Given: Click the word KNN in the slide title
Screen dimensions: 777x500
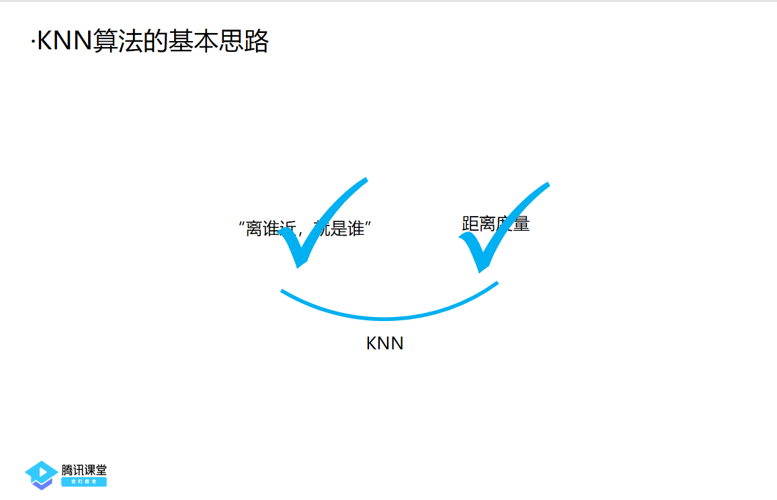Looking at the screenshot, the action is pyautogui.click(x=65, y=42).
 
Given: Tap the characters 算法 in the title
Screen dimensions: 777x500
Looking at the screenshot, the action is pyautogui.click(x=115, y=42).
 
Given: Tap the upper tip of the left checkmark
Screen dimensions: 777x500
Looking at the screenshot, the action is pyautogui.click(x=366, y=180).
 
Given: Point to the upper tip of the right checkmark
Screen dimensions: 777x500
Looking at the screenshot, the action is pyautogui.click(x=548, y=184).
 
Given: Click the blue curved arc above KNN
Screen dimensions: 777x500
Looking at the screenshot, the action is pyautogui.click(x=386, y=317).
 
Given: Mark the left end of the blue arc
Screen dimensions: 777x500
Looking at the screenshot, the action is pyautogui.click(x=282, y=291).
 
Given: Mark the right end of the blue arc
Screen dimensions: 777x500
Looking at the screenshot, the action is pyautogui.click(x=497, y=283).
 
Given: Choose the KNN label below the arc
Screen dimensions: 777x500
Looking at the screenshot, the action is pyautogui.click(x=384, y=343).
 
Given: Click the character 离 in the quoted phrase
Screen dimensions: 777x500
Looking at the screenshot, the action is pyautogui.click(x=254, y=229).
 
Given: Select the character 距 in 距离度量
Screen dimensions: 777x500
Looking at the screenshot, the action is pyautogui.click(x=470, y=224).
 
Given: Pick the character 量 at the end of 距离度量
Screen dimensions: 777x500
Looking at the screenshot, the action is pyautogui.click(x=522, y=224).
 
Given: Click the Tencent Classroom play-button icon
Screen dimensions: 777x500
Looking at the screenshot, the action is pyautogui.click(x=41, y=474).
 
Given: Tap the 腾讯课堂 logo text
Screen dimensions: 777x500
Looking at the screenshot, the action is pyautogui.click(x=84, y=470).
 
